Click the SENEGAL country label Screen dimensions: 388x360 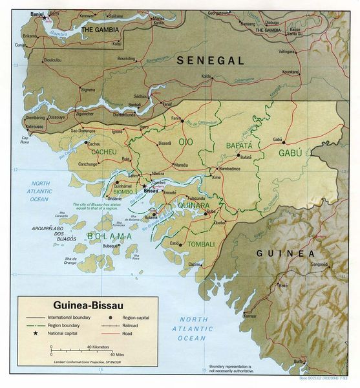pyautogui.click(x=211, y=60)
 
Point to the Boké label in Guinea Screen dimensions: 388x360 pyautogui.click(x=282, y=285)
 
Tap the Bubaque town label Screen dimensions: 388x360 pyautogui.click(x=112, y=246)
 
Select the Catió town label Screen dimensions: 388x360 pyautogui.click(x=174, y=242)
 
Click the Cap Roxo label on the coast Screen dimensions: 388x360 pyautogui.click(x=26, y=138)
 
